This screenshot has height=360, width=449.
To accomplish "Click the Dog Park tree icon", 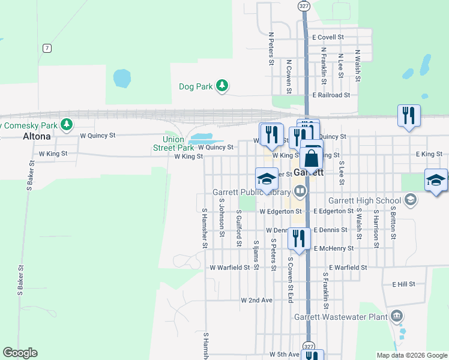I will tap(222, 86).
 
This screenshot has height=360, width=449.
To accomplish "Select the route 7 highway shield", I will tap(47, 47).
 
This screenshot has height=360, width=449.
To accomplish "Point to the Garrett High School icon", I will tap(411, 200).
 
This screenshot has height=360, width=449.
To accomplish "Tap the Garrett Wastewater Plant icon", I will tap(397, 316).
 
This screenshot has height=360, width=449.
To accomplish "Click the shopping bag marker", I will tap(312, 158).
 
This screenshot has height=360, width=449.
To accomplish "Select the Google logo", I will tap(20, 353).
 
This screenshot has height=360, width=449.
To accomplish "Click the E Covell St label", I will tap(328, 37).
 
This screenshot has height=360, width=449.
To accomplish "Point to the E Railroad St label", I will tap(331, 95).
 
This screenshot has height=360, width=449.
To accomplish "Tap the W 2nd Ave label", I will tap(256, 299).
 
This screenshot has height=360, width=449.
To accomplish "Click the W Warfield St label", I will tap(229, 267).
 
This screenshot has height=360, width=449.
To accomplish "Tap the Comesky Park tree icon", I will tap(67, 124).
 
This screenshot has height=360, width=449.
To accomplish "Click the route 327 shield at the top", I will tap(304, 5).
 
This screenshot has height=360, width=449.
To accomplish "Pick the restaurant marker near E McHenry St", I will tap(298, 238).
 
